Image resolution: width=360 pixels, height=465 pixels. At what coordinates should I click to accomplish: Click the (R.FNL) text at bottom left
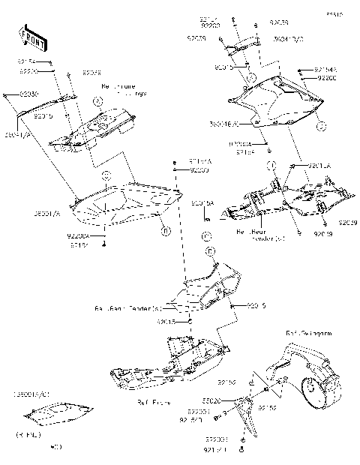[x=29, y=434]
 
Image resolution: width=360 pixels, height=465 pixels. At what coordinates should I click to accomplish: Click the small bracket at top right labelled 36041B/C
[x=238, y=48]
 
